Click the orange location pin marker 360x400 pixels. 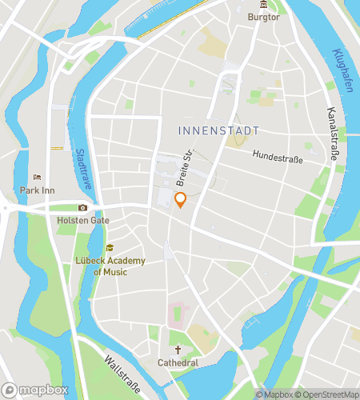181,200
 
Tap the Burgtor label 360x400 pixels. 263,17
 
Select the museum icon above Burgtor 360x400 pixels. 263,5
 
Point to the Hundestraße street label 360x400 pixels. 278,158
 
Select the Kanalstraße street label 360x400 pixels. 332,134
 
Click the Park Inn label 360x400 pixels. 36,190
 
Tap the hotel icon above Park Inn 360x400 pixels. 36,178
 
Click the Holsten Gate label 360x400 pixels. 83,220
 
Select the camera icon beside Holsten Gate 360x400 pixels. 82,208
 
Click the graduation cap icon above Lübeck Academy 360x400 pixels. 110,248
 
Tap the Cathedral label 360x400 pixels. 178,363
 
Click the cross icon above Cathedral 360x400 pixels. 178,350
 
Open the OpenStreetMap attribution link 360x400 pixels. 327,394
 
